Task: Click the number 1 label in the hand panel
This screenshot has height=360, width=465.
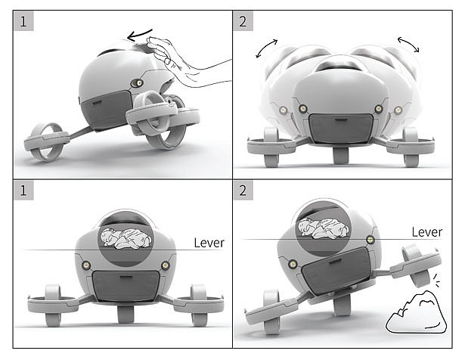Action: (x=23, y=21)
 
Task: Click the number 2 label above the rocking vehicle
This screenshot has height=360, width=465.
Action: (x=243, y=21)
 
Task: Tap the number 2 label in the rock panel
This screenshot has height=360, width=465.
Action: (x=243, y=191)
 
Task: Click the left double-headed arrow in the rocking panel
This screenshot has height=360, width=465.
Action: (x=266, y=48)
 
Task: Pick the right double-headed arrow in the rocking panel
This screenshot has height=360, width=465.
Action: (x=408, y=44)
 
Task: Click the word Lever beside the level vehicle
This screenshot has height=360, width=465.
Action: (x=209, y=243)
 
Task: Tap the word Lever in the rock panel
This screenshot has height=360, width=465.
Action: (x=427, y=232)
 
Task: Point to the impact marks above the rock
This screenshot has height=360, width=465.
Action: (x=436, y=281)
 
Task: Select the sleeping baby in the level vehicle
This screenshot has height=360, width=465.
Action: (x=126, y=238)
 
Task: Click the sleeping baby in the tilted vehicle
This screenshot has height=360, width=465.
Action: (x=324, y=228)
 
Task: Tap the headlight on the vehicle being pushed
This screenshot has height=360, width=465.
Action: (x=138, y=83)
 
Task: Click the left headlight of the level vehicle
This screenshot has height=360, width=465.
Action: (x=86, y=265)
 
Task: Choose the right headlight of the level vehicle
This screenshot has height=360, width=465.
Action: (x=165, y=265)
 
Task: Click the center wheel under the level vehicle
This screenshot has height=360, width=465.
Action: (x=126, y=314)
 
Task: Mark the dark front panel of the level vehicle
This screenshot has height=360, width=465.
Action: (x=126, y=286)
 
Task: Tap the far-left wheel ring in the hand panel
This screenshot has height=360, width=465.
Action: (x=45, y=141)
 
